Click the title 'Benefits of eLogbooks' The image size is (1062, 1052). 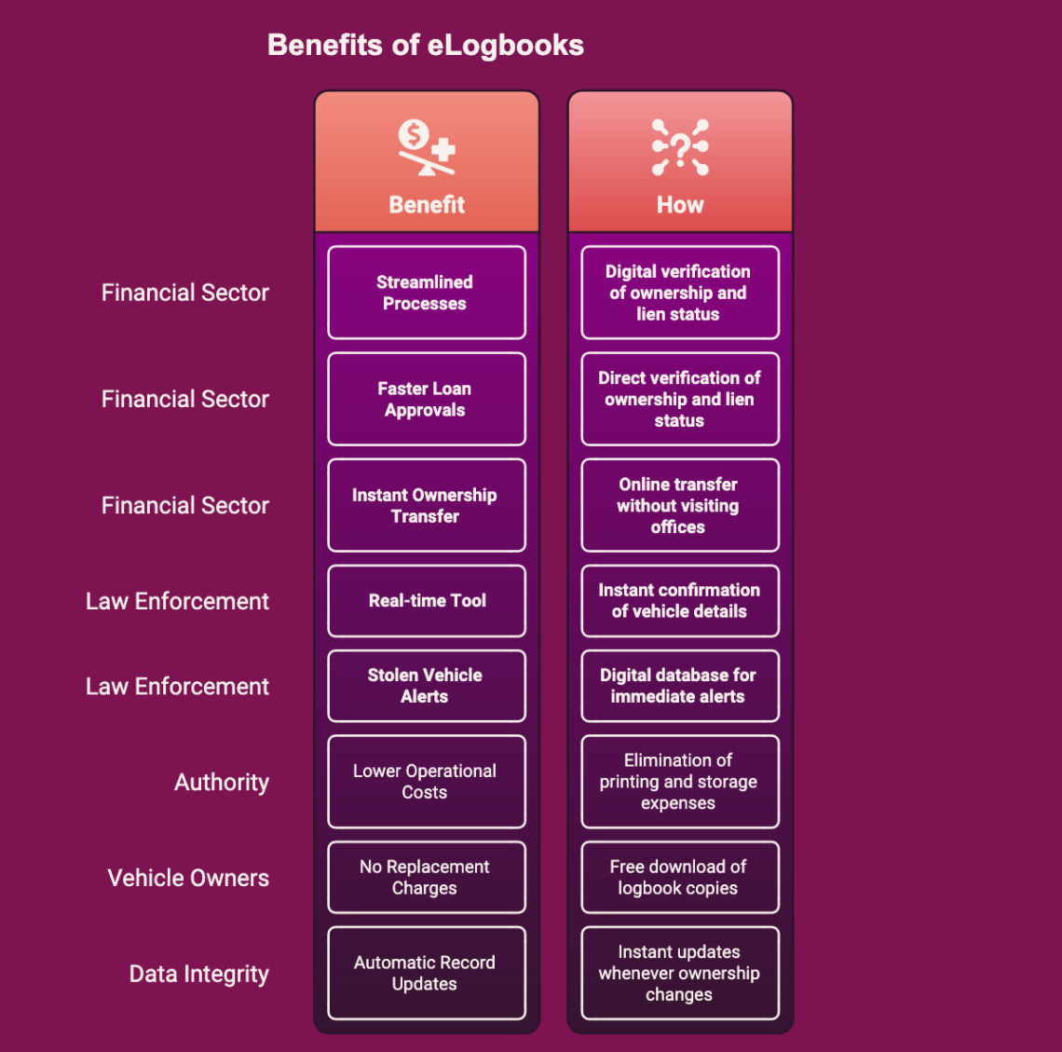tap(426, 46)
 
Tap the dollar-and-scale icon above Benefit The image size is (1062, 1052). tap(427, 147)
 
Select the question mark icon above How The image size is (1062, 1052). tap(680, 147)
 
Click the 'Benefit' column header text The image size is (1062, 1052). tap(427, 205)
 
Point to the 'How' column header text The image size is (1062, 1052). tap(680, 205)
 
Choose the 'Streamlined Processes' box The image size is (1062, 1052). tap(427, 293)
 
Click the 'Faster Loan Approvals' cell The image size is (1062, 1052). tap(427, 399)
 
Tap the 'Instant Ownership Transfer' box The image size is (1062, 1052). tap(427, 505)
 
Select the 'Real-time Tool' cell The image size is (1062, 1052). tap(427, 601)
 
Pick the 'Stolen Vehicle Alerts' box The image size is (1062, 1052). tap(427, 686)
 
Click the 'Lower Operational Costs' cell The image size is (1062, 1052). tap(427, 782)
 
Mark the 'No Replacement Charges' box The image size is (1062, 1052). tap(427, 877)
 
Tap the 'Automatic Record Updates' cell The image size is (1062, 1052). tap(427, 973)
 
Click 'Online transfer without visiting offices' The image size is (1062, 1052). tap(680, 505)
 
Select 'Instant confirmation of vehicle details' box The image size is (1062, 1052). tap(680, 601)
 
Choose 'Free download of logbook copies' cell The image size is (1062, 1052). tap(680, 877)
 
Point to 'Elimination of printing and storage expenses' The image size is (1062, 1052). tap(680, 782)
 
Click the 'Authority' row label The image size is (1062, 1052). tap(222, 783)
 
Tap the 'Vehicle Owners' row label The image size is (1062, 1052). tap(188, 878)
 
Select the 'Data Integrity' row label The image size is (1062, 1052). tap(199, 974)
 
